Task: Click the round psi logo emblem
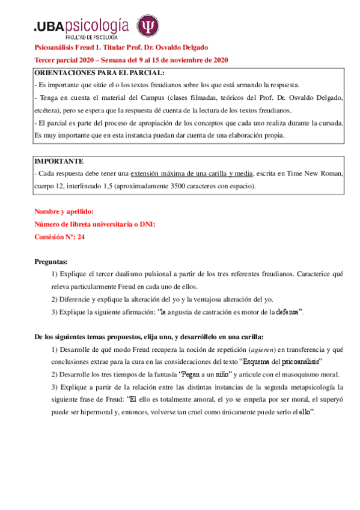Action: coord(148,26)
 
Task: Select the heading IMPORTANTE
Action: coord(59,162)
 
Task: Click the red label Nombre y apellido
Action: coord(64,211)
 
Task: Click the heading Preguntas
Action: coord(51,262)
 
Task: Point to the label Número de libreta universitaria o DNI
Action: coord(95,224)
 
